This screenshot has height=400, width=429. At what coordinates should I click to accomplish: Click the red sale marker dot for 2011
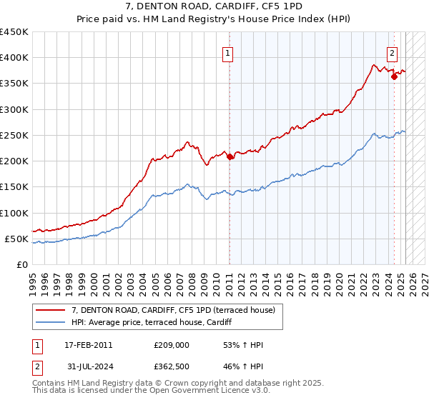(x=230, y=157)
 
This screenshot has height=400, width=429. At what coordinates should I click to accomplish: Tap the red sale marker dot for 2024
(x=394, y=77)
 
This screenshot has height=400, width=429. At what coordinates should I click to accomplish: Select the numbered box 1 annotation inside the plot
(x=227, y=52)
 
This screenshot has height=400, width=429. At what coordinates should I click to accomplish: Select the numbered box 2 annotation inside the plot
(x=393, y=52)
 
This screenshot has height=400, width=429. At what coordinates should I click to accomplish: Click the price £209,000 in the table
(x=171, y=345)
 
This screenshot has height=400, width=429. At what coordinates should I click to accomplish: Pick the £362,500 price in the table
(x=171, y=368)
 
